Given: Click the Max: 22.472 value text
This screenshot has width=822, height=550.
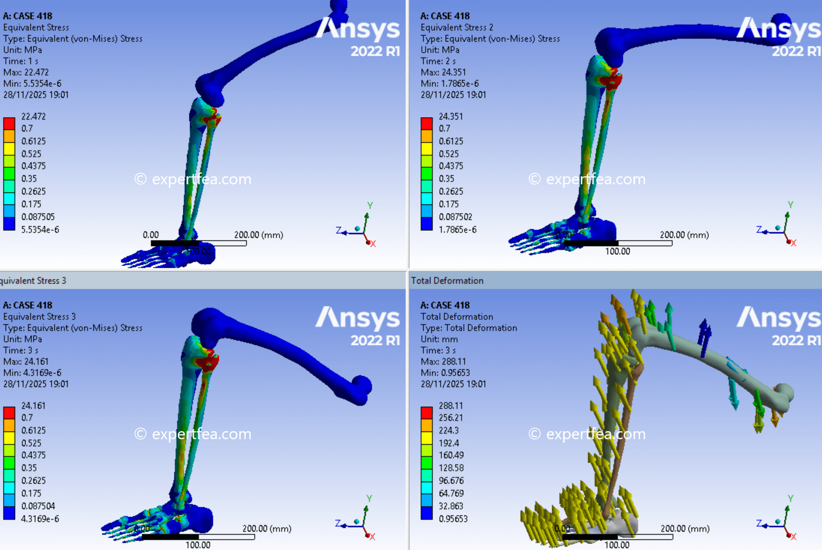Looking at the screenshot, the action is [x=26, y=72].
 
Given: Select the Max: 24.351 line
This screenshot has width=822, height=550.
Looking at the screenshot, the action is [x=443, y=72].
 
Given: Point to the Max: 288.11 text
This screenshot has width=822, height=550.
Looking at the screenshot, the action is [x=443, y=361].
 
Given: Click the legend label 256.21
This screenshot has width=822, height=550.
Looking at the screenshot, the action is [x=451, y=418].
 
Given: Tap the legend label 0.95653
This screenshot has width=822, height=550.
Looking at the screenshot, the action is [x=453, y=519].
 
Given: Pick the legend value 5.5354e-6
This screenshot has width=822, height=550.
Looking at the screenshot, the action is [x=40, y=230].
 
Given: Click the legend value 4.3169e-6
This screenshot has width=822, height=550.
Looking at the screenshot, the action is [x=40, y=519].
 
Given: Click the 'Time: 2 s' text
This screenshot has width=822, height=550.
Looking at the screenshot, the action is [x=438, y=61].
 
